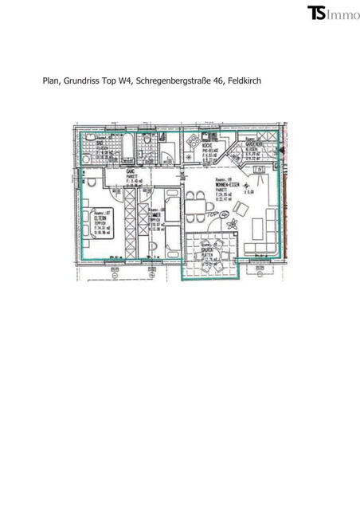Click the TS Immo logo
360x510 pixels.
[x=332, y=13]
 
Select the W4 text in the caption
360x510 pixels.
[x=125, y=80]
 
